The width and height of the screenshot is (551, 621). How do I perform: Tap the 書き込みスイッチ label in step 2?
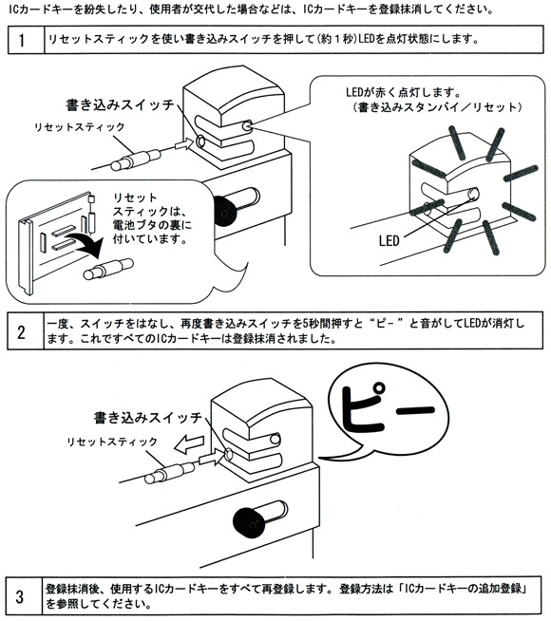pos(147,417)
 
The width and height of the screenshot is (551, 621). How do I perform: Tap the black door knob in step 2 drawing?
pos(248,519)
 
